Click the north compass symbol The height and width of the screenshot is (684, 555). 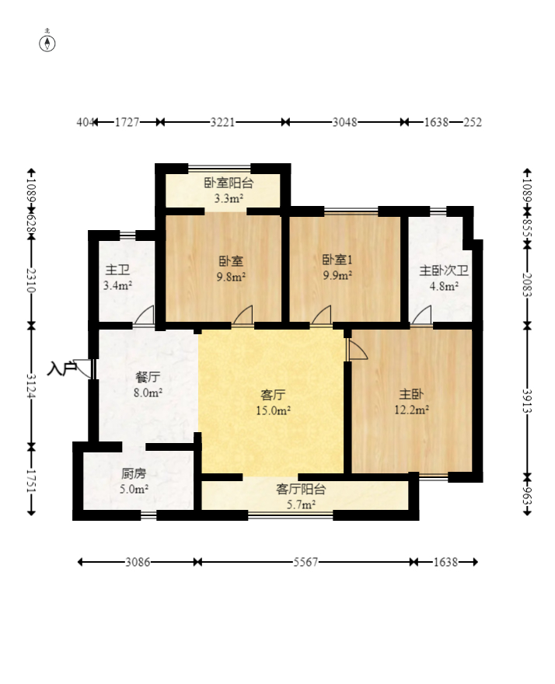[47, 44]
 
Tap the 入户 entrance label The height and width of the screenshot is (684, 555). [62, 368]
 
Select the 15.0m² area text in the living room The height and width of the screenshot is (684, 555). [273, 410]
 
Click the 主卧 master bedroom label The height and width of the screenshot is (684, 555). [411, 394]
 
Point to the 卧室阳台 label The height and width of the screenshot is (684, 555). [229, 183]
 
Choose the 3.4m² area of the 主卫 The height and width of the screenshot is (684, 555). [118, 286]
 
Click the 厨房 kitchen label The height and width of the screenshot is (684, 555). [134, 473]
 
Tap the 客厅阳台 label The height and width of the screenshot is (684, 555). [301, 490]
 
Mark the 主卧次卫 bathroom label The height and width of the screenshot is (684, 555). [444, 270]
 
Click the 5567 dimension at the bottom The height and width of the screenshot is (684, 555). [305, 562]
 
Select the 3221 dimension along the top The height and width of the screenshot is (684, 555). [222, 122]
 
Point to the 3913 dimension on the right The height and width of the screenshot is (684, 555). [527, 400]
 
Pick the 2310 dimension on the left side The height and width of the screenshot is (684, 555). [31, 281]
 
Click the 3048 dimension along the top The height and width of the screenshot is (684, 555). [344, 122]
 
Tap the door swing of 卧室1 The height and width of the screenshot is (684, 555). [321, 315]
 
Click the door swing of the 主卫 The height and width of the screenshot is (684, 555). [144, 315]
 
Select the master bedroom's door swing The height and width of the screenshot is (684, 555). [357, 350]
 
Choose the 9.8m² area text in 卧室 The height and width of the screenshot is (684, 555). [232, 276]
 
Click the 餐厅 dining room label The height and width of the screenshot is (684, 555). [148, 377]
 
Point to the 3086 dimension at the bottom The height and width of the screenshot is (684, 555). [138, 562]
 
